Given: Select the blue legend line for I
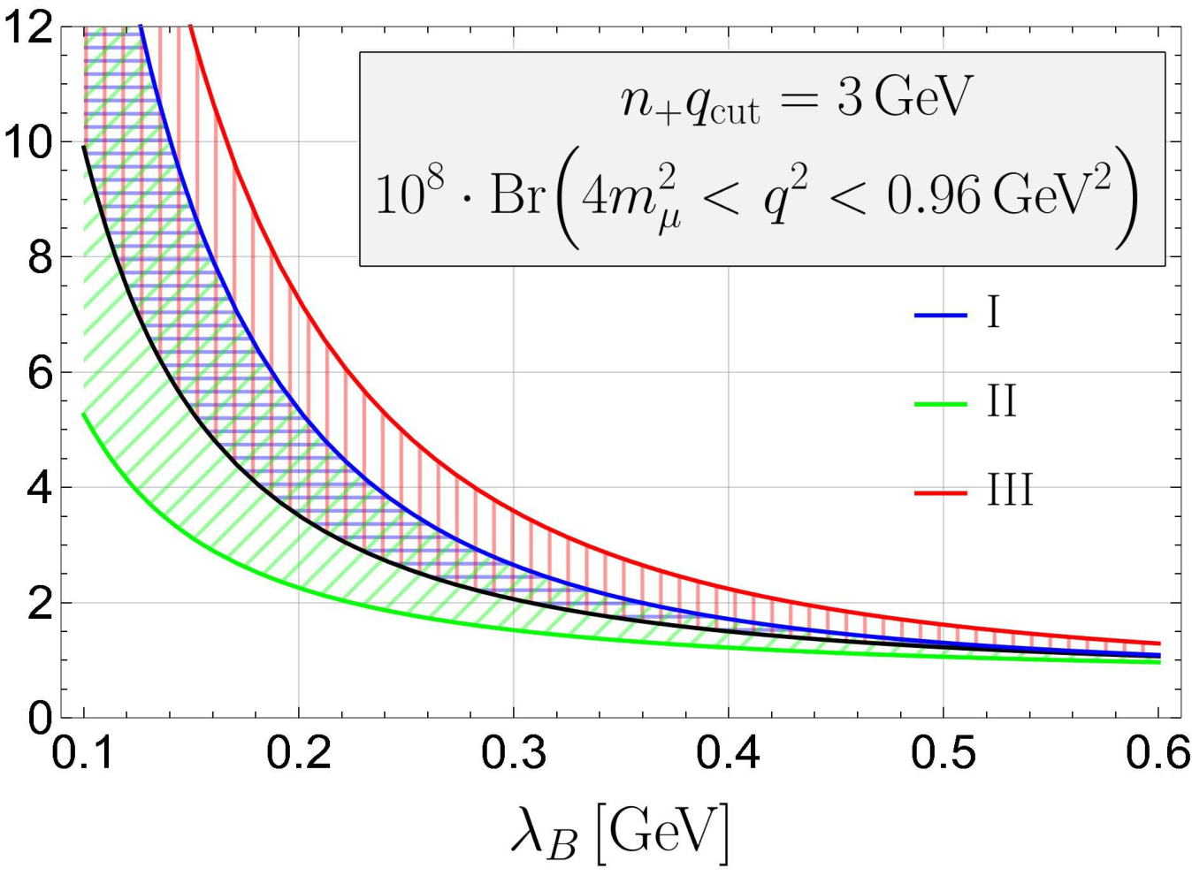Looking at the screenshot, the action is click(x=940, y=316).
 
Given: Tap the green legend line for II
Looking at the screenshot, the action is click(x=940, y=405).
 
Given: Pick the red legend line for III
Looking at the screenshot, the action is click(x=940, y=494).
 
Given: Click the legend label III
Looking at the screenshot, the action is click(x=1011, y=491).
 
